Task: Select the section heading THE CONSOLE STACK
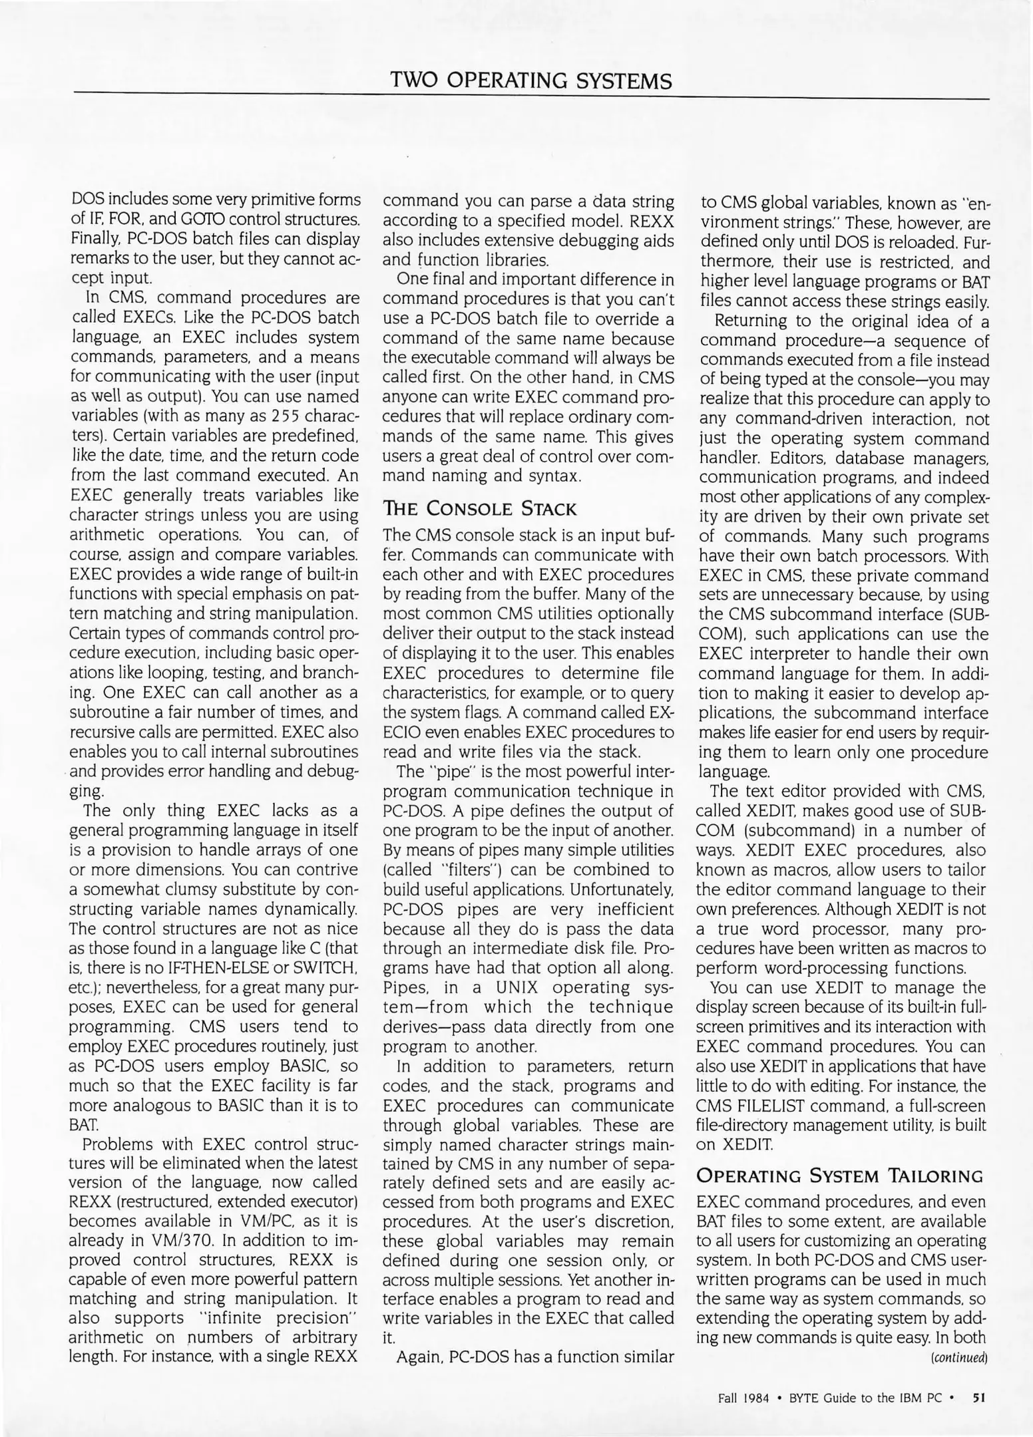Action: click(479, 509)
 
